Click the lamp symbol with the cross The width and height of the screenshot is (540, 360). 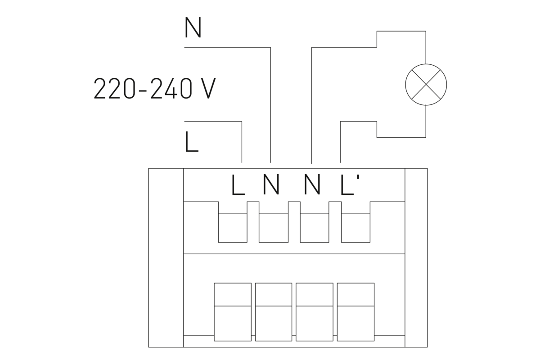pos(426,84)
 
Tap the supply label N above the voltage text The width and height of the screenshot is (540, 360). pos(193,28)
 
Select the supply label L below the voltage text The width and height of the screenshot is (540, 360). pos(191,142)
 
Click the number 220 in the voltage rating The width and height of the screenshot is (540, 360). pos(114,89)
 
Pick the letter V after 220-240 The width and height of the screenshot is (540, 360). pos(206,89)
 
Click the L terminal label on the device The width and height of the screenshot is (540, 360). pos(238,185)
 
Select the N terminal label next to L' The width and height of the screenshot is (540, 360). pos(312,185)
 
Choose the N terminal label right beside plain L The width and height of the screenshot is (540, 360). pos(271,185)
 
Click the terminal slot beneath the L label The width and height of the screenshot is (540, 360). pos(233,227)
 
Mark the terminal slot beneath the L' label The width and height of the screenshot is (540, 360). pos(355,227)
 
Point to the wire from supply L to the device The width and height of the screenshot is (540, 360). pos(242,139)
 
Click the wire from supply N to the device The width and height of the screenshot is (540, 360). pos(270,103)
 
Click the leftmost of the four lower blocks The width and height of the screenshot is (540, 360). pos(232,311)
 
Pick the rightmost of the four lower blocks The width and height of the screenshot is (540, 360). pos(355,311)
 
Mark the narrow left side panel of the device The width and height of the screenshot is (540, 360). pos(166,257)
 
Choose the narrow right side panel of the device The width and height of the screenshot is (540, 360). pos(416,257)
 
